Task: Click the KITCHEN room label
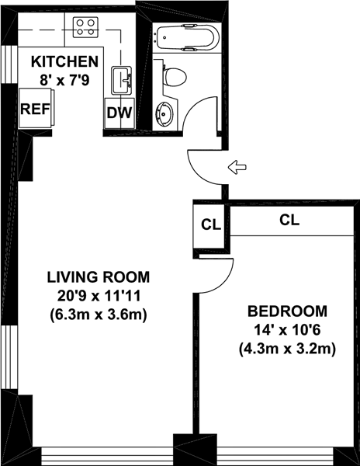click(x=64, y=61)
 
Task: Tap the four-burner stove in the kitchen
click(x=85, y=27)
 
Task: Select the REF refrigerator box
click(x=36, y=109)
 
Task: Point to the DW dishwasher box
click(x=119, y=113)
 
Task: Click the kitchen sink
click(x=121, y=81)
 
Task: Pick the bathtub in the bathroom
click(x=188, y=37)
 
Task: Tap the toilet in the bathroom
click(x=175, y=77)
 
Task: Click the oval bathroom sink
click(x=164, y=114)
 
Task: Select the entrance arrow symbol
click(x=237, y=167)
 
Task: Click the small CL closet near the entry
click(x=211, y=225)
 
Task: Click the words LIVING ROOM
click(x=99, y=277)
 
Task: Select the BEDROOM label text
click(x=287, y=311)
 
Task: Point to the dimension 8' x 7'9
click(x=64, y=80)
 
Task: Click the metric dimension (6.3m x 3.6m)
click(x=99, y=315)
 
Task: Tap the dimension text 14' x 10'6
click(x=287, y=330)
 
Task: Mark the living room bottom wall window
click(x=107, y=456)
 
